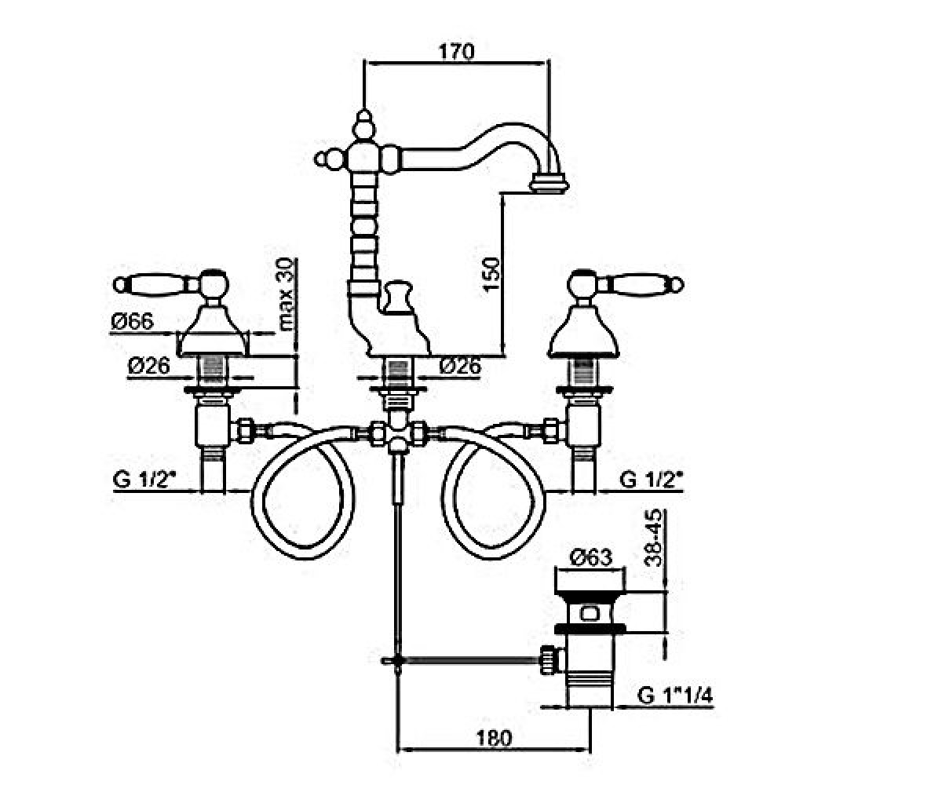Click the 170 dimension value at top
click(457, 52)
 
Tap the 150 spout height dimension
click(490, 275)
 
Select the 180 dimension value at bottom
click(495, 738)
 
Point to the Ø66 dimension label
click(133, 322)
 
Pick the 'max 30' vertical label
click(287, 294)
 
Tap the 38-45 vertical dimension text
click(653, 538)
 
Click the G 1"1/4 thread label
click(675, 696)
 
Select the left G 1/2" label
click(144, 480)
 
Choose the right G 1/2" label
click(651, 480)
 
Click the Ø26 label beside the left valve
click(149, 366)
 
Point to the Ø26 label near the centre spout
click(460, 367)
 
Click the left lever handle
click(171, 284)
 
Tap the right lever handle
click(626, 284)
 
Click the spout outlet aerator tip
click(550, 184)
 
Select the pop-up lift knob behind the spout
click(396, 296)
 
